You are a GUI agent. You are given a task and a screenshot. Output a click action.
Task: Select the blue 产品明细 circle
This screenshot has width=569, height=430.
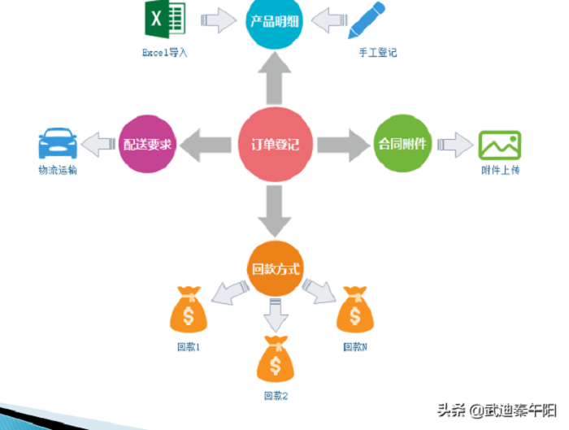pos(276,21)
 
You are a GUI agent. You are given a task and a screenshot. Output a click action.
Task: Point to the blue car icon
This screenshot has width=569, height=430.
pos(59,145)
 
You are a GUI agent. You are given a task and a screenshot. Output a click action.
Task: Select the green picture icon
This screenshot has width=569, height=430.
pos(499,145)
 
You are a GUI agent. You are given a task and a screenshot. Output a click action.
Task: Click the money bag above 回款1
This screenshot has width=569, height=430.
pos(189,310)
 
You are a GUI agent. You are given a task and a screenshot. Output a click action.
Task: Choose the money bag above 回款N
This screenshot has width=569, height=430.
pos(354,309)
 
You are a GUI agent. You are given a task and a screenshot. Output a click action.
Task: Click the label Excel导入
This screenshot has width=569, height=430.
pos(165,53)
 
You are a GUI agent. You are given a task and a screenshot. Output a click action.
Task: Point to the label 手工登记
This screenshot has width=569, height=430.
pos(377,53)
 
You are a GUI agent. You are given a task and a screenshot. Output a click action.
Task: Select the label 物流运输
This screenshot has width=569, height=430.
pos(59,171)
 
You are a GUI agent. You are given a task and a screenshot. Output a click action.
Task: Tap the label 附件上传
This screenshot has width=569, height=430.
pos(499,171)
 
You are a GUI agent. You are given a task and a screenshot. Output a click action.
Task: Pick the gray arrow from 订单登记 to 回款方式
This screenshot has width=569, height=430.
pos(276,210)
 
